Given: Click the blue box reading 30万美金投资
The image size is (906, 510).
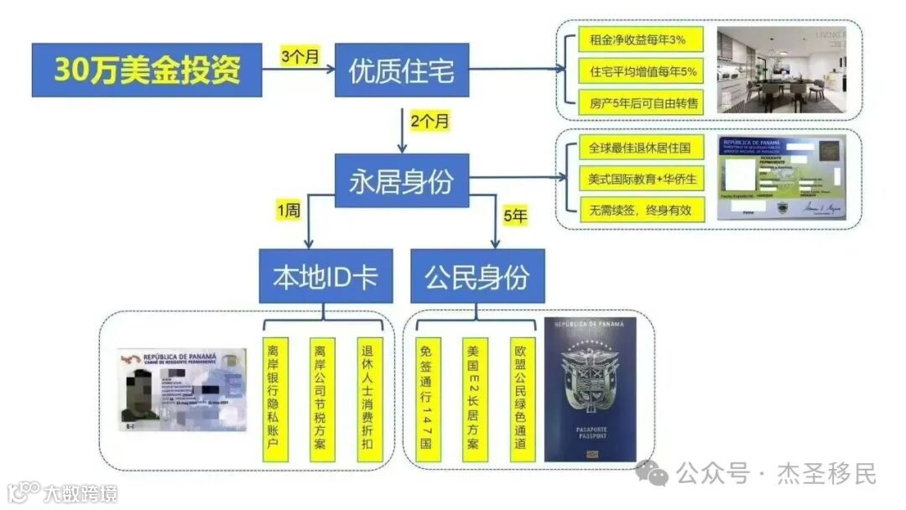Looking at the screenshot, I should pyautogui.click(x=148, y=70).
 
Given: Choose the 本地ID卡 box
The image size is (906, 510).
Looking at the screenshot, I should pyautogui.click(x=325, y=277).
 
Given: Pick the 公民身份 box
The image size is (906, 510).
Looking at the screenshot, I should pyautogui.click(x=476, y=277).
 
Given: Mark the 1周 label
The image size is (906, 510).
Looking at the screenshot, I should pyautogui.click(x=288, y=212).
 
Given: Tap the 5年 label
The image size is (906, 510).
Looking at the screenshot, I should pyautogui.click(x=514, y=215).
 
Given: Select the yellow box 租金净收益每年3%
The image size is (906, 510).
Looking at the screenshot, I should pyautogui.click(x=638, y=40).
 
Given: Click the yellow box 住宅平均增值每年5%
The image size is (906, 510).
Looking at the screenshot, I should pyautogui.click(x=638, y=71).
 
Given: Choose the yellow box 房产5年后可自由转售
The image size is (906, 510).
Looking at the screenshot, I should pyautogui.click(x=638, y=103).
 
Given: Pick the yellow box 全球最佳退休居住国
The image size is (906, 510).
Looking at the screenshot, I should pyautogui.click(x=638, y=148).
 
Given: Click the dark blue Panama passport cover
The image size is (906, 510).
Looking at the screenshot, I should pyautogui.click(x=589, y=390).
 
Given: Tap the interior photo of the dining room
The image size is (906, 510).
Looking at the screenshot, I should pyautogui.click(x=781, y=70).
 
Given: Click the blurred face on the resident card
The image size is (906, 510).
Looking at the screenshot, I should pyautogui.click(x=138, y=389).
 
